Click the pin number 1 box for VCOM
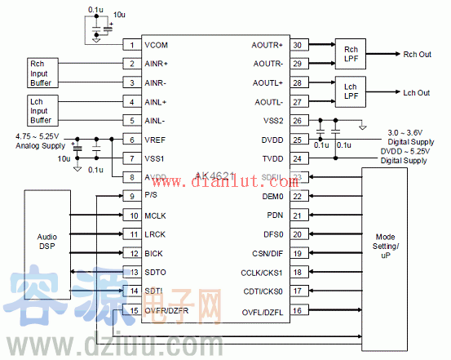tap(132, 44)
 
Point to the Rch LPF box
tap(351, 53)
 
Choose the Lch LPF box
tap(351, 91)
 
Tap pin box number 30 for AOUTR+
tap(298, 44)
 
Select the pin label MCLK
tap(156, 216)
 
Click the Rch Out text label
tap(418, 55)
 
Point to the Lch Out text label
tap(416, 93)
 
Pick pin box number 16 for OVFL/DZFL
tap(298, 310)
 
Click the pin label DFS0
tap(273, 234)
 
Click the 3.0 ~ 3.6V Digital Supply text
tap(417, 136)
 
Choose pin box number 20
tap(298, 234)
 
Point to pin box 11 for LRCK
tap(132, 234)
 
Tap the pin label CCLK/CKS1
tap(261, 272)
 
